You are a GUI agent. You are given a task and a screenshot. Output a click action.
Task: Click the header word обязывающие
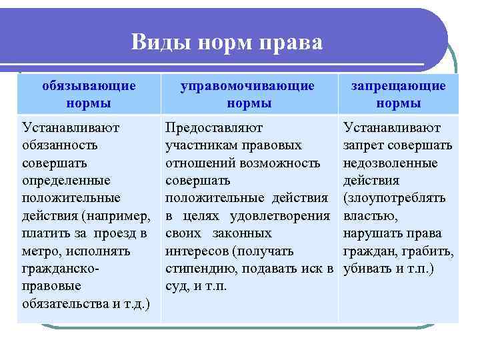point(89,86)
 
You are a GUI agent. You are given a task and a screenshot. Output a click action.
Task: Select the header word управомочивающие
point(249,86)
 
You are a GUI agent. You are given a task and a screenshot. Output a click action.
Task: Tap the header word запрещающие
point(399,86)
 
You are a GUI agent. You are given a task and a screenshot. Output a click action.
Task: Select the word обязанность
point(60,145)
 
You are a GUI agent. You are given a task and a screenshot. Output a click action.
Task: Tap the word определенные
point(66,180)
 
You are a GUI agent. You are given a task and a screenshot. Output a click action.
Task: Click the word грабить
point(430,251)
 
